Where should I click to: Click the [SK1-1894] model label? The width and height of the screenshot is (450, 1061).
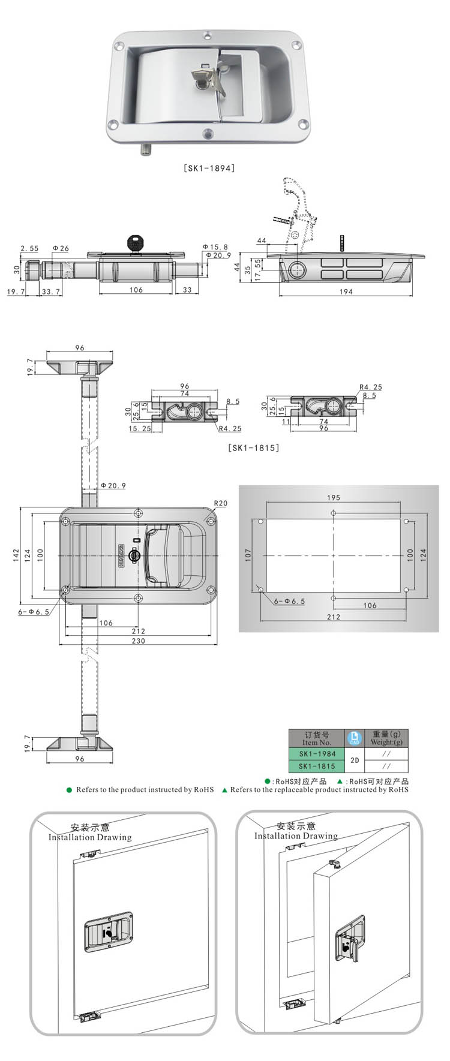tap(208, 168)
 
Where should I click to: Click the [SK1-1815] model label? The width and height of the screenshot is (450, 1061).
tap(254, 447)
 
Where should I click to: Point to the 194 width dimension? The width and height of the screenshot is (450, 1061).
tap(346, 291)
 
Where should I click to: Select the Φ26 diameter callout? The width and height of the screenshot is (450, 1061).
tap(61, 248)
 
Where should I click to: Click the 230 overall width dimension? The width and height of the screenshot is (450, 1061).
tap(138, 641)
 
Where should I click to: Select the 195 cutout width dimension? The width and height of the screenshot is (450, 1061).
tap(334, 498)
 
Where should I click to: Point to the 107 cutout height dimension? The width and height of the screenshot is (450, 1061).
tap(248, 555)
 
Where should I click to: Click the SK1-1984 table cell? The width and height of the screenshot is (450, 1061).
tap(317, 754)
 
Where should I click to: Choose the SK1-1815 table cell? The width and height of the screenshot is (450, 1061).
tap(317, 766)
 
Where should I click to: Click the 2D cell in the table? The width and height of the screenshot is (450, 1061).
tap(355, 760)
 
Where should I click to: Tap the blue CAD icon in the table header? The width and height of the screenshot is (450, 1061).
tap(355, 738)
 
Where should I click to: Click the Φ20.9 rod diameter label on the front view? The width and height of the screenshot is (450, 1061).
tap(113, 485)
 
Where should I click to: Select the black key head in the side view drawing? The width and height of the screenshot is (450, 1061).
tap(137, 244)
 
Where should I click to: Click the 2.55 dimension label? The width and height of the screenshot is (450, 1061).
tap(29, 248)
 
